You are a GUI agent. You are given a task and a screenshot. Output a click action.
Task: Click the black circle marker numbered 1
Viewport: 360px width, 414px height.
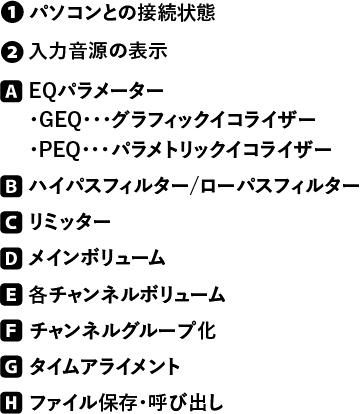point(12,14)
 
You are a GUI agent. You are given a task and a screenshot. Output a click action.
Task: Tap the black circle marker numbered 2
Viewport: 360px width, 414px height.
point(12,53)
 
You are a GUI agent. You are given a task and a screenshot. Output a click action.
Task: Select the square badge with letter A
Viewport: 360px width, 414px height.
point(12,91)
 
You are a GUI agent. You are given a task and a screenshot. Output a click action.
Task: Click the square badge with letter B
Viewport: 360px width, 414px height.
point(12,186)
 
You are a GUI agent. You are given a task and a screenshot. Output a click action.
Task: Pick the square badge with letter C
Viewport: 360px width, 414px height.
point(12,222)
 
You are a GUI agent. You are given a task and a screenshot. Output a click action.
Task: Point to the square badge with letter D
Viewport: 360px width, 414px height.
point(12,258)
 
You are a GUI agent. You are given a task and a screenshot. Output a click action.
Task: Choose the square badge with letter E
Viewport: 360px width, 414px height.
point(12,295)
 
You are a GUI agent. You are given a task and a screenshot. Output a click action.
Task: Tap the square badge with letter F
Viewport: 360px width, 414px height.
point(12,331)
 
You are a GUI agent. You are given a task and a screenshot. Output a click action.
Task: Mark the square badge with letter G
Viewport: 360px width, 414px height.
point(12,367)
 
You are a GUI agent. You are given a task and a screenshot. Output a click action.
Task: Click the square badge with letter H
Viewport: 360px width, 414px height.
point(12,403)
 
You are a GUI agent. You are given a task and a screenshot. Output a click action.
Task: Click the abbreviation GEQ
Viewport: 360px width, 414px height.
point(60,121)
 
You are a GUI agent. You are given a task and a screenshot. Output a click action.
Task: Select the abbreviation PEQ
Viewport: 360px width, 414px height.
point(60,151)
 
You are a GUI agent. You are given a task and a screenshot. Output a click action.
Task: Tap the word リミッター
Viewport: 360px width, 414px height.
point(70,222)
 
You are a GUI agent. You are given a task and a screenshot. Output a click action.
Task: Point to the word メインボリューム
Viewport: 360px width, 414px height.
point(97,259)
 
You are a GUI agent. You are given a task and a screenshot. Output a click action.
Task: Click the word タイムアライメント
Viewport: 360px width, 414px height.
point(105,367)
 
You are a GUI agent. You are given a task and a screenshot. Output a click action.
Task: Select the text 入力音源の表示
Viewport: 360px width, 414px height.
point(98,52)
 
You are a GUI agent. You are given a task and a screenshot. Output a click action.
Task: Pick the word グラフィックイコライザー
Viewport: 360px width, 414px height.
point(213,121)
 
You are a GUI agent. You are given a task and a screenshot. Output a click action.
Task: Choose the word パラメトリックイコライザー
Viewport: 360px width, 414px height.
point(221,151)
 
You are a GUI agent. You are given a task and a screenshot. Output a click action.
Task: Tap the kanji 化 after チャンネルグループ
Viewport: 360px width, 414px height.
point(206,330)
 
